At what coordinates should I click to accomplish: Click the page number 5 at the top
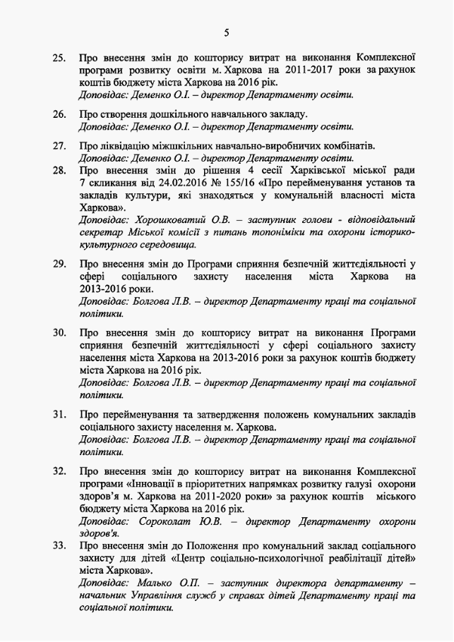coord(227,32)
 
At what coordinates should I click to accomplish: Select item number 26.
coord(59,114)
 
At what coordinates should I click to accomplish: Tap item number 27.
coord(59,146)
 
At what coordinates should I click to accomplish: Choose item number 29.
coord(59,264)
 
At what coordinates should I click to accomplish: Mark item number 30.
coord(59,332)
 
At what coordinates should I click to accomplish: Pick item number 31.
coord(59,413)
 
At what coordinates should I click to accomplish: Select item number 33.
coord(59,545)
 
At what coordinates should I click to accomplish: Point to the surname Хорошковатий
coord(160,220)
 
